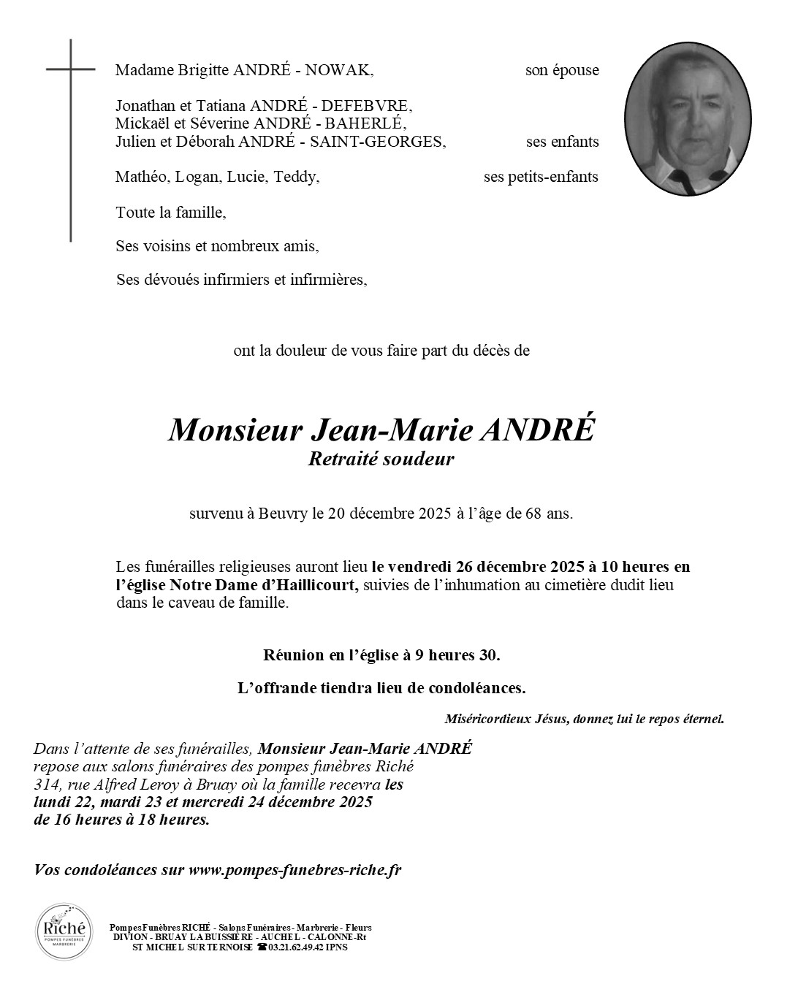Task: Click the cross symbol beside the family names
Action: tap(71, 139)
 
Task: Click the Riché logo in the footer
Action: tap(64, 931)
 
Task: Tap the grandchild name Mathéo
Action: tap(139, 177)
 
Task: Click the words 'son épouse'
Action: tap(562, 70)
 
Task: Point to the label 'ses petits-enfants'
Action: tap(541, 177)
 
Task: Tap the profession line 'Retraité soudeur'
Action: tap(381, 459)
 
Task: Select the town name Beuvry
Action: tap(283, 514)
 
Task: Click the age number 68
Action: tap(534, 514)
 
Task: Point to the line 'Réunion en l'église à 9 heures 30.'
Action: tap(381, 655)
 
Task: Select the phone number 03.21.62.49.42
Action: tap(298, 947)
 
